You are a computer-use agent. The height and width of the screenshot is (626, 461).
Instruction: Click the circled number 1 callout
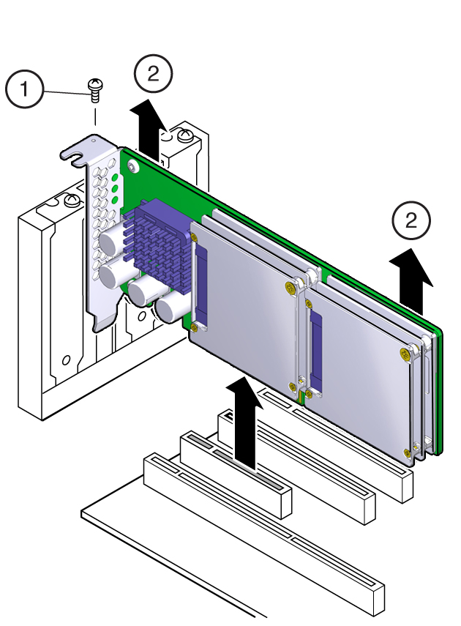24,89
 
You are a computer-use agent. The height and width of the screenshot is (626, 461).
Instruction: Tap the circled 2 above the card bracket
153,74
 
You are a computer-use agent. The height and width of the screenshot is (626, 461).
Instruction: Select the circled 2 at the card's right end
411,220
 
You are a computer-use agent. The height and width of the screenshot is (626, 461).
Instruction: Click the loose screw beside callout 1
95,91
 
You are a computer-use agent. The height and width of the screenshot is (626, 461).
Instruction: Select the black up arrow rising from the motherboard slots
244,423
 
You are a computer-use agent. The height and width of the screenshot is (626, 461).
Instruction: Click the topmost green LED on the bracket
116,178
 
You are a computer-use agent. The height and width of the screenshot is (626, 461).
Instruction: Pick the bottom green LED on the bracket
116,200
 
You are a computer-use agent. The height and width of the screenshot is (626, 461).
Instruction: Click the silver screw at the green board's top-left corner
133,167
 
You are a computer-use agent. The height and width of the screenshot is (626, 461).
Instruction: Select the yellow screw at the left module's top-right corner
291,287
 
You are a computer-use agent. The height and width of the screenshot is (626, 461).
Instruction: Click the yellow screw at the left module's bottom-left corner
194,328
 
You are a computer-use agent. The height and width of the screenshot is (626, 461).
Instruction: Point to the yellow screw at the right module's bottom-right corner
407,452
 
